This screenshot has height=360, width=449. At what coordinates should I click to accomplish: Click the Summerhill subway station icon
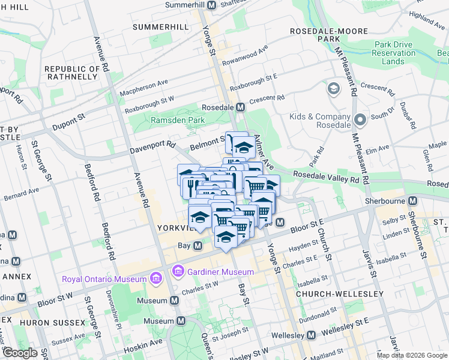[x=211, y=5]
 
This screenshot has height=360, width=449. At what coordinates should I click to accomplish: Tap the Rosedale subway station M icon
[x=240, y=107]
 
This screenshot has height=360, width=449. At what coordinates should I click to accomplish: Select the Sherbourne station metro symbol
[x=412, y=201]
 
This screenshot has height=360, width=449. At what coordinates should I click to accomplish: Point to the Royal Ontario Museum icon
[x=156, y=279]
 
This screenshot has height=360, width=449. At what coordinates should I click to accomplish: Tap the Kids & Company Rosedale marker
[x=360, y=120]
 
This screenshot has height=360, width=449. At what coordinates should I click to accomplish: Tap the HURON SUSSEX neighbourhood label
[x=52, y=323]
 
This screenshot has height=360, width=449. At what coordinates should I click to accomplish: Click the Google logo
[x=20, y=353]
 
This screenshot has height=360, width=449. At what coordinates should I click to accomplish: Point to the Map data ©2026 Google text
[x=411, y=355]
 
